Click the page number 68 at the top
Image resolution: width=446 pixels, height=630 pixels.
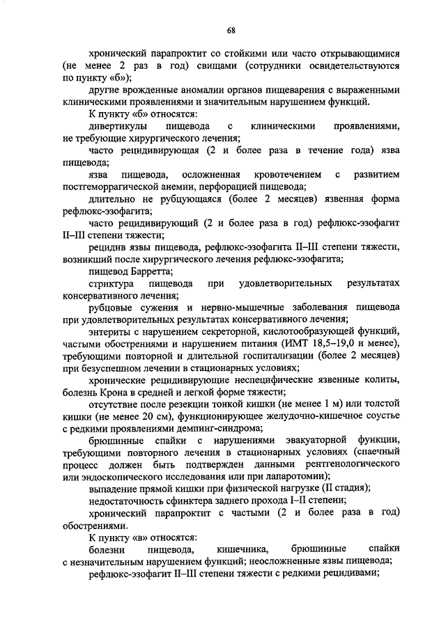click(x=230, y=29)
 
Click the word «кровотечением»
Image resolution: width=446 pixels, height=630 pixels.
click(x=289, y=174)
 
